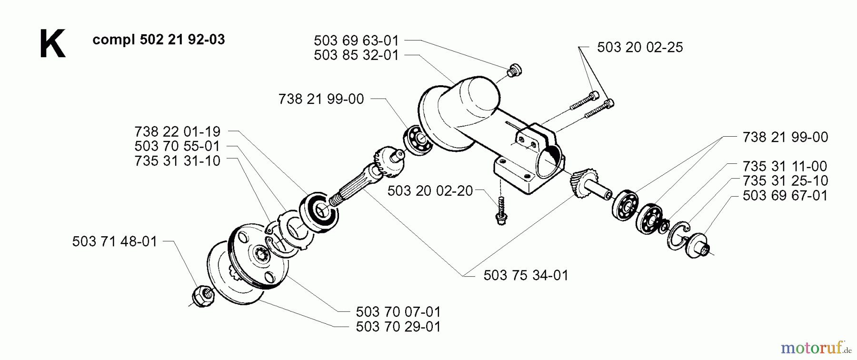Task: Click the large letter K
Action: (52, 44)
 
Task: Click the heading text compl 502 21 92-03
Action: (159, 40)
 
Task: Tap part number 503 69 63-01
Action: (356, 40)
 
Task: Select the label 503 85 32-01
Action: (356, 55)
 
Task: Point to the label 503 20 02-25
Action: (639, 48)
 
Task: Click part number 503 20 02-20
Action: (430, 191)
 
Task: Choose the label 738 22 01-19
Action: (178, 131)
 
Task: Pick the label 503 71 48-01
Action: (115, 241)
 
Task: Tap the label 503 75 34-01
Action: (526, 275)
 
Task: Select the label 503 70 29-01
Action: (398, 327)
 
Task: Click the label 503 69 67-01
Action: (785, 196)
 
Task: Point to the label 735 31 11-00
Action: (785, 166)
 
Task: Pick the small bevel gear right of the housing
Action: (582, 181)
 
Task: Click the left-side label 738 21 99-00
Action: (321, 99)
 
